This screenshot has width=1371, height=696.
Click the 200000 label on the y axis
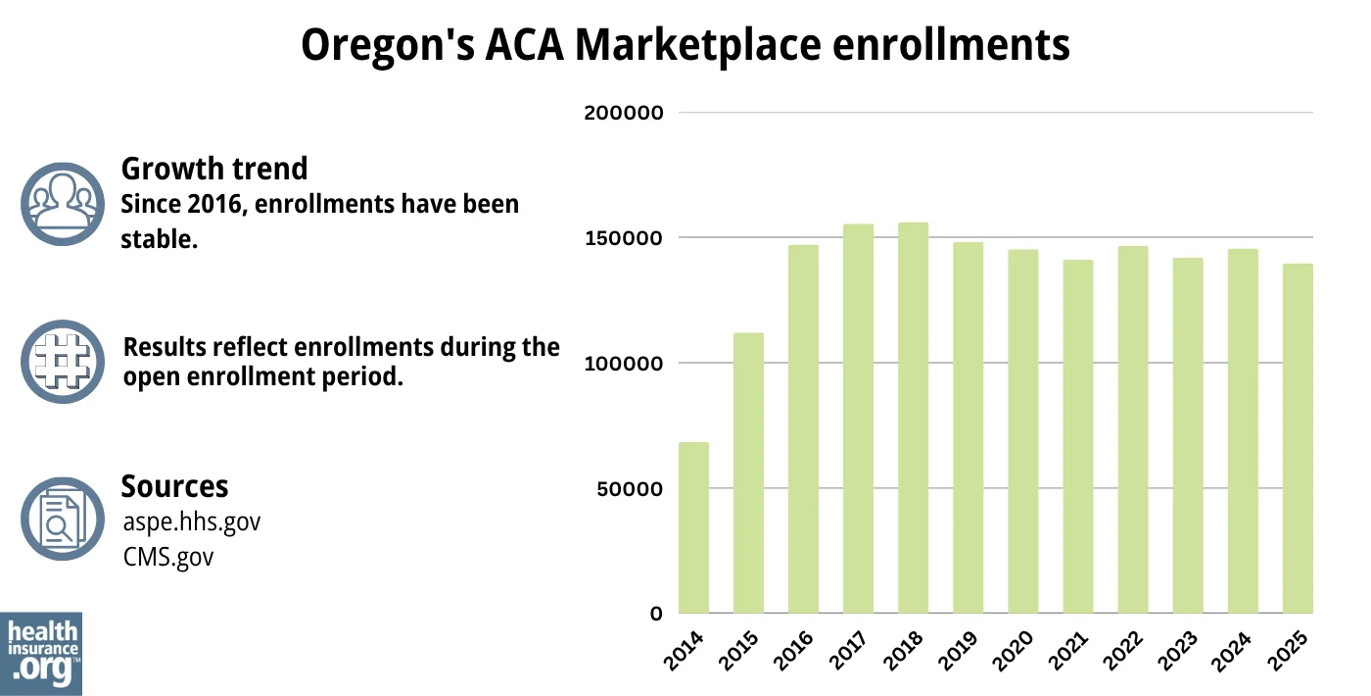(x=624, y=113)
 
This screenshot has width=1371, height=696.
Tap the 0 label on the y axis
(x=656, y=614)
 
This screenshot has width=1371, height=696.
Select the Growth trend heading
(x=213, y=169)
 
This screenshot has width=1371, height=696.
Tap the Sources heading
(x=174, y=486)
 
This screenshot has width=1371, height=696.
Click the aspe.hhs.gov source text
(x=192, y=522)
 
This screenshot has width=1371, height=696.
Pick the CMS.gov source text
(x=168, y=557)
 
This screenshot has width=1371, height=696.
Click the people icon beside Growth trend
(x=62, y=203)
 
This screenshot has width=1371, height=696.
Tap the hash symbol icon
(x=62, y=361)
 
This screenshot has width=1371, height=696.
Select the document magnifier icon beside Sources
(x=62, y=519)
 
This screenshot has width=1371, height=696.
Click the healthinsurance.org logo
(x=41, y=653)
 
